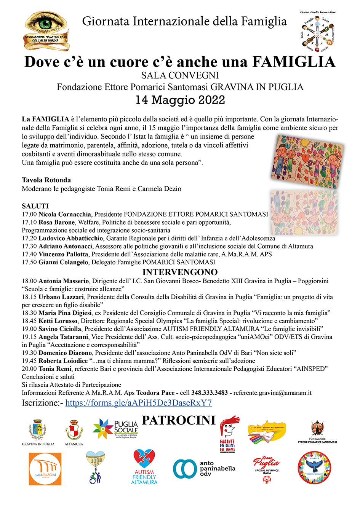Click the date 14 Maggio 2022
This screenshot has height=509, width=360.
(180, 100)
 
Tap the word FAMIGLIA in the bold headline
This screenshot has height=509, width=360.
(294, 62)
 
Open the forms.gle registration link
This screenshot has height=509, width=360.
(138, 403)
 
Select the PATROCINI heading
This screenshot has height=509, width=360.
(179, 420)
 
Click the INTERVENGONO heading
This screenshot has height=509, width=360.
(180, 272)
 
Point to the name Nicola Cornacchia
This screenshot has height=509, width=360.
(65, 214)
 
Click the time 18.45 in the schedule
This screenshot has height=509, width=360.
(29, 321)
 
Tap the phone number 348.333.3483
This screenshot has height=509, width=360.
(210, 393)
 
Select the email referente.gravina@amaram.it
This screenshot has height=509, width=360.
(272, 393)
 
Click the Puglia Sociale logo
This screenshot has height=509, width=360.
(115, 429)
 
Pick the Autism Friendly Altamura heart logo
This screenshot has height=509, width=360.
(144, 467)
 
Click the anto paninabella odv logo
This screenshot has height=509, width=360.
(204, 469)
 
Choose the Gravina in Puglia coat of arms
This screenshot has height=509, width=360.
(38, 430)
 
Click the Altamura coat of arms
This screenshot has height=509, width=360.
(74, 430)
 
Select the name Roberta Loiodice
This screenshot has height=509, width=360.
(63, 361)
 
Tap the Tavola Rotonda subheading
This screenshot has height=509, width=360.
(46, 180)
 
